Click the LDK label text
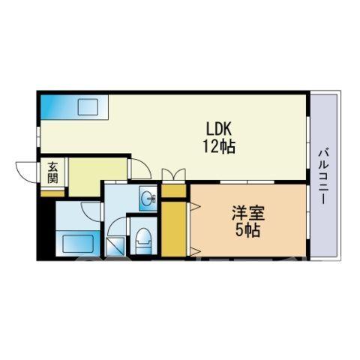219,130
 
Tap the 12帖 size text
219,146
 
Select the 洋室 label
248,213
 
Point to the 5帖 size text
248,230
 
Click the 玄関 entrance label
53,172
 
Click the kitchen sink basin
88,107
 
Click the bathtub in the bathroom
78,243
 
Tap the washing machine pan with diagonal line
115,247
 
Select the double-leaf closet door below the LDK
174,174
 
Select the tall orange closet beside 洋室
174,229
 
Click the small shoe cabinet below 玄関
52,193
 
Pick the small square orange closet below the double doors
174,191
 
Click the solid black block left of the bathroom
46,227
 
